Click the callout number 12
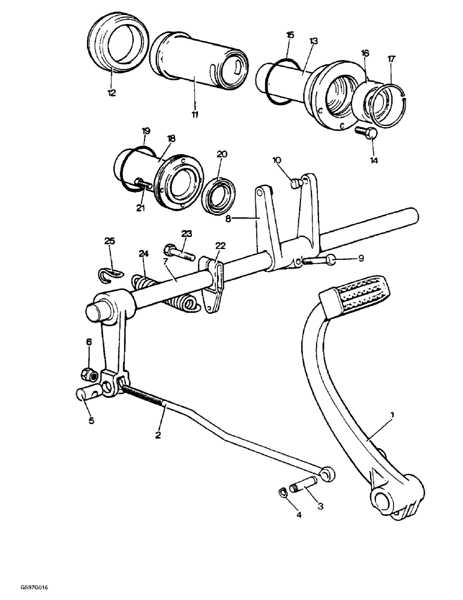[112, 93]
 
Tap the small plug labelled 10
[295, 184]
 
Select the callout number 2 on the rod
[158, 434]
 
